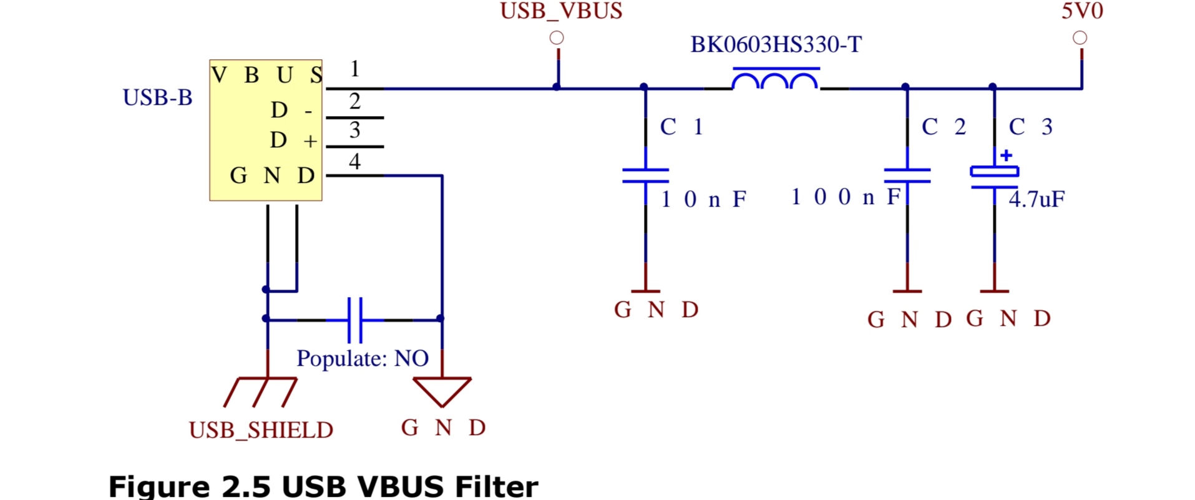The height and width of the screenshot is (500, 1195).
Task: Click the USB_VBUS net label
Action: pyautogui.click(x=561, y=11)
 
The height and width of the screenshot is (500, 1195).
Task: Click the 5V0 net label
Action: pyautogui.click(x=1082, y=11)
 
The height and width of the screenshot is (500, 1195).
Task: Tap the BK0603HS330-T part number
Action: pyautogui.click(x=776, y=45)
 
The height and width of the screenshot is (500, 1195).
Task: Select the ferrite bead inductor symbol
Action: pyautogui.click(x=775, y=81)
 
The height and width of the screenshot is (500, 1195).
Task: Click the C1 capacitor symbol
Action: pyautogui.click(x=645, y=175)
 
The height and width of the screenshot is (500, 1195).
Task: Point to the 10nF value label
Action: pyautogui.click(x=703, y=200)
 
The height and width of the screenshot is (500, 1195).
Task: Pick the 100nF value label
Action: pyautogui.click(x=846, y=197)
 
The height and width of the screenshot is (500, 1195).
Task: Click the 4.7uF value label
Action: pyautogui.click(x=1036, y=200)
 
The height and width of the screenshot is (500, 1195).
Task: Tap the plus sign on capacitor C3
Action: pyautogui.click(x=1006, y=155)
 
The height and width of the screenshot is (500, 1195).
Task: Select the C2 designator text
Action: pyautogui.click(x=944, y=127)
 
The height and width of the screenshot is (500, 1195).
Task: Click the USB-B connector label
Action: pyautogui.click(x=157, y=98)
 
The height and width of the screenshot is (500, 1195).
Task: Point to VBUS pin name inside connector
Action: pyautogui.click(x=267, y=76)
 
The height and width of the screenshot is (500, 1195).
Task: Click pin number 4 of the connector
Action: pyautogui.click(x=354, y=162)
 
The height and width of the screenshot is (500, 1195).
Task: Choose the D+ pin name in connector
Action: pyautogui.click(x=293, y=140)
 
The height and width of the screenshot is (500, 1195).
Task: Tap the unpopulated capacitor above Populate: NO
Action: pyautogui.click(x=354, y=320)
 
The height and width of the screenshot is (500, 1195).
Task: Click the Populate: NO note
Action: pyautogui.click(x=363, y=358)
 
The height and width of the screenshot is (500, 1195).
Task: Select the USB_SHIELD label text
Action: pyautogui.click(x=261, y=430)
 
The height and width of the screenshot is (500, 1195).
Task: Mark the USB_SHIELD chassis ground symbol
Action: pyautogui.click(x=261, y=391)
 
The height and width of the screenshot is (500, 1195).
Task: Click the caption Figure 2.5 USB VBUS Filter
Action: pyautogui.click(x=323, y=486)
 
